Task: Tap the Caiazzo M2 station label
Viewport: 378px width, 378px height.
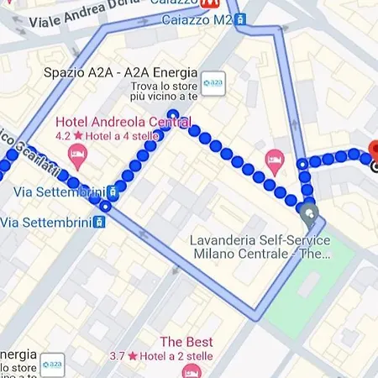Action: click(x=197, y=18)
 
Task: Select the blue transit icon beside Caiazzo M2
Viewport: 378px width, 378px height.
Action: click(x=241, y=18)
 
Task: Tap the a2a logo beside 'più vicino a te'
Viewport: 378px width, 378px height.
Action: click(x=213, y=85)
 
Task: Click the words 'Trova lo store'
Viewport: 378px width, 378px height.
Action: click(x=164, y=86)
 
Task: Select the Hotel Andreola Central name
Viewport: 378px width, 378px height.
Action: click(x=122, y=120)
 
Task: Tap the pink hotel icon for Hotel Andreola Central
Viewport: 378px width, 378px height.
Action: click(x=77, y=153)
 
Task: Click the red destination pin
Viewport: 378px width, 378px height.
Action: click(x=375, y=151)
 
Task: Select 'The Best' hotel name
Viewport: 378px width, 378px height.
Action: click(x=186, y=342)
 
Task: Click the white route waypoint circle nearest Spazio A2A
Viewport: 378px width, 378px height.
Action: click(x=173, y=114)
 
